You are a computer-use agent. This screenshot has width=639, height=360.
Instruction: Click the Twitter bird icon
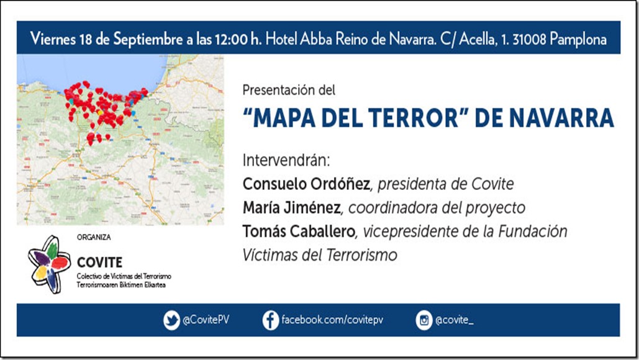[171, 320]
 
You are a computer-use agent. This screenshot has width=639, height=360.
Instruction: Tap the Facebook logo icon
[271, 320]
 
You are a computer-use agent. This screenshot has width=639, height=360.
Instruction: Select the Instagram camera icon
[424, 320]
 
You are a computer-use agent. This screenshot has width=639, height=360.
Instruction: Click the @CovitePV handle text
[206, 320]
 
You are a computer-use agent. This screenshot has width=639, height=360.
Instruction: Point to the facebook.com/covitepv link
[332, 320]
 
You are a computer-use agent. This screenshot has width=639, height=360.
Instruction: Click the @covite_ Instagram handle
[455, 320]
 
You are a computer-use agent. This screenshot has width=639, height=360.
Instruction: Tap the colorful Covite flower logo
[48, 264]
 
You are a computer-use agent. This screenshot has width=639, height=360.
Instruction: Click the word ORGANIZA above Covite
[94, 237]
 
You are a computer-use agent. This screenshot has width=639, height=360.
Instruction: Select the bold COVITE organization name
[99, 263]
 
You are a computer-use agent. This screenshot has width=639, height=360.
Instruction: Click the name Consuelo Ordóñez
[306, 184]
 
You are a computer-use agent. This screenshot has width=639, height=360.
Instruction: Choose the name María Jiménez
[291, 208]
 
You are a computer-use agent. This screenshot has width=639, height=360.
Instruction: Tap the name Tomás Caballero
[299, 232]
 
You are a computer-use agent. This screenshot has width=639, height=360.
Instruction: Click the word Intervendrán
[286, 161]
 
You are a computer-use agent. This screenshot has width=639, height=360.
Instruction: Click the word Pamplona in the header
[578, 39]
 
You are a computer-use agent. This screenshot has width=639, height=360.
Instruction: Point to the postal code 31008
[529, 39]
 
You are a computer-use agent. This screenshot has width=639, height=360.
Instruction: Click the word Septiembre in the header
[148, 39]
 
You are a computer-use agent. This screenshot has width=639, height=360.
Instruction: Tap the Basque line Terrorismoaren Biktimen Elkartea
[121, 285]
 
